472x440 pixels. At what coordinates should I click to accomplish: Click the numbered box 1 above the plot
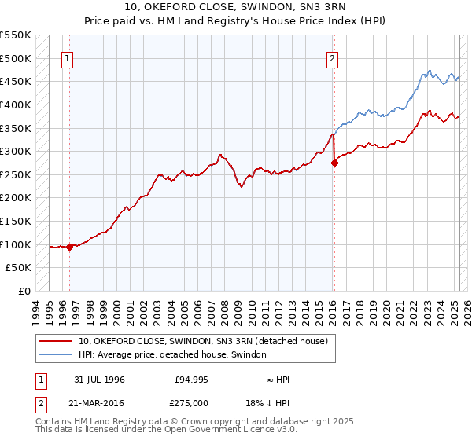click(67, 57)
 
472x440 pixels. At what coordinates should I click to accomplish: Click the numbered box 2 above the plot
click(333, 57)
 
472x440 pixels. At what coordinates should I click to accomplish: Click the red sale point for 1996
click(70, 247)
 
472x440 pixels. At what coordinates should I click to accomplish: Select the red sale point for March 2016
click(334, 163)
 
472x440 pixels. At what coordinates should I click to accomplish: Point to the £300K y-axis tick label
click(16, 151)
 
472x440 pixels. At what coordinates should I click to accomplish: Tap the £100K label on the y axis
click(16, 244)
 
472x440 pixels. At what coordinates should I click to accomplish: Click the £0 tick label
click(24, 291)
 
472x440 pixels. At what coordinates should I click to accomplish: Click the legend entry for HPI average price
click(172, 355)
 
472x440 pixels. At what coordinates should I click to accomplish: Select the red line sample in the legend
click(55, 341)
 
